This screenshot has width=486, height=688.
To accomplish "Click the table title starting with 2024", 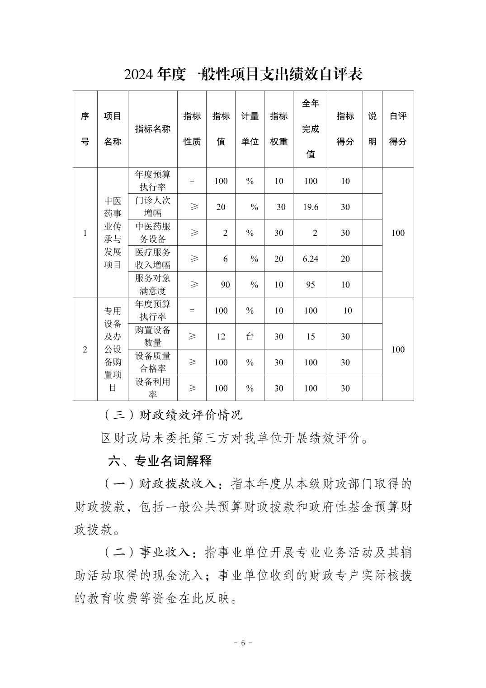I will click(243, 74).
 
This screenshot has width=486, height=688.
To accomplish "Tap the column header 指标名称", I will click(153, 129).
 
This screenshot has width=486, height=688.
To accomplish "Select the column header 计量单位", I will click(250, 129).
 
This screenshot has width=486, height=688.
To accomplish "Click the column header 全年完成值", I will click(311, 129).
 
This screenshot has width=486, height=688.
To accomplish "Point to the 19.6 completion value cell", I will click(311, 207).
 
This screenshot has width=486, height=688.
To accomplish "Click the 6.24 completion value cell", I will click(311, 258).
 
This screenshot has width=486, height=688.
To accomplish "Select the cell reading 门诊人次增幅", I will click(153, 206).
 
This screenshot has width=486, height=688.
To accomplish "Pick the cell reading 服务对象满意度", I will click(153, 284).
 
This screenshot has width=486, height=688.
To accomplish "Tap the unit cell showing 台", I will click(250, 336).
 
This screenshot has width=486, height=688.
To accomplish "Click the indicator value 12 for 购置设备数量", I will click(221, 336).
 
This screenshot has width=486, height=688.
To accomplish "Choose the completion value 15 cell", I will click(311, 336).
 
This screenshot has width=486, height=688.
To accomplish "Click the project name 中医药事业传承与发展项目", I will click(113, 233).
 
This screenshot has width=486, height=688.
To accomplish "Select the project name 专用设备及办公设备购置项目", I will click(113, 349).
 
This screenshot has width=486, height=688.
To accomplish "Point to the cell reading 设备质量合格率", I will click(153, 362).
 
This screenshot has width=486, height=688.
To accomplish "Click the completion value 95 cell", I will click(311, 285).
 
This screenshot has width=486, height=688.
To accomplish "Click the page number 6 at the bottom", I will click(243, 643).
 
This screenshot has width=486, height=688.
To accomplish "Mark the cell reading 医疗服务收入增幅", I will click(153, 258).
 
